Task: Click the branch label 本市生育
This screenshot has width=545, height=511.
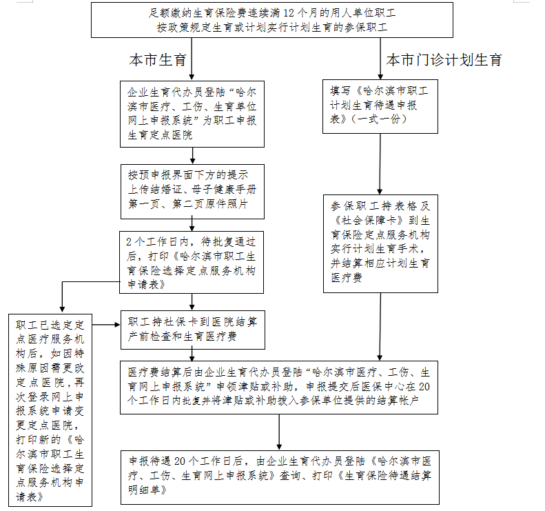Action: (x=158, y=60)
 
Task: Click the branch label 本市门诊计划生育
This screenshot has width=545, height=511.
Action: (x=444, y=60)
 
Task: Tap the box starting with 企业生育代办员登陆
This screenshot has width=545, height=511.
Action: (x=192, y=113)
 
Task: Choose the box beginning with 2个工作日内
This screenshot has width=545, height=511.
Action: (x=192, y=262)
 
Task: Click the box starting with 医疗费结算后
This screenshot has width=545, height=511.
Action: (x=278, y=386)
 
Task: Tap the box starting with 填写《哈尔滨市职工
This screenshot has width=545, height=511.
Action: (x=380, y=106)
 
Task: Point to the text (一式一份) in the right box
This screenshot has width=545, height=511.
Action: (x=379, y=119)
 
